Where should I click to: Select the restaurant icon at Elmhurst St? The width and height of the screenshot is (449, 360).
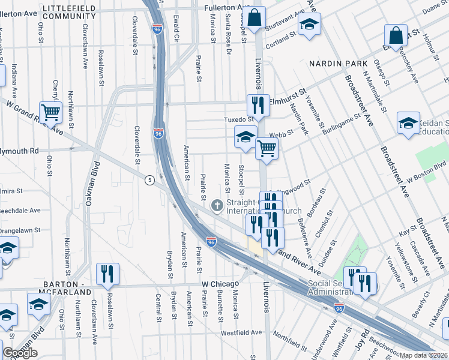(258, 106)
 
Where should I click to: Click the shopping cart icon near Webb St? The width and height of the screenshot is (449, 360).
(267, 149)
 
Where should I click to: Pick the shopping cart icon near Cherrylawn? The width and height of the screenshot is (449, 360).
(51, 112)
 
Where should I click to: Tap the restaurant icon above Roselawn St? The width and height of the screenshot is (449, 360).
(107, 273)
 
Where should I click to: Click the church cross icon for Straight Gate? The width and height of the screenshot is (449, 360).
(217, 206)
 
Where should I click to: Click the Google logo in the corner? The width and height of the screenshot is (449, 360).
(20, 353)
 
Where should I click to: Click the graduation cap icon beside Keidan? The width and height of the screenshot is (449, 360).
(408, 123)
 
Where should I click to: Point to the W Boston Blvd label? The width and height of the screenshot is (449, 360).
(427, 171)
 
